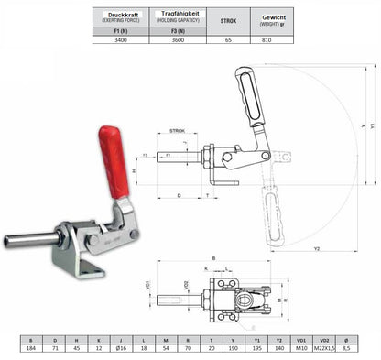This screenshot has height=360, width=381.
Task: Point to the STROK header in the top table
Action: pyautogui.click(x=228, y=20)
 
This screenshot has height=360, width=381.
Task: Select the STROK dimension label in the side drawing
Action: pyautogui.click(x=177, y=131)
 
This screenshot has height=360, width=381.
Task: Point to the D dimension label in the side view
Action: pyautogui.click(x=178, y=194)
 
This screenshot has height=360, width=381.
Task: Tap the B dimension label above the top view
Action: pyautogui.click(x=213, y=259)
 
